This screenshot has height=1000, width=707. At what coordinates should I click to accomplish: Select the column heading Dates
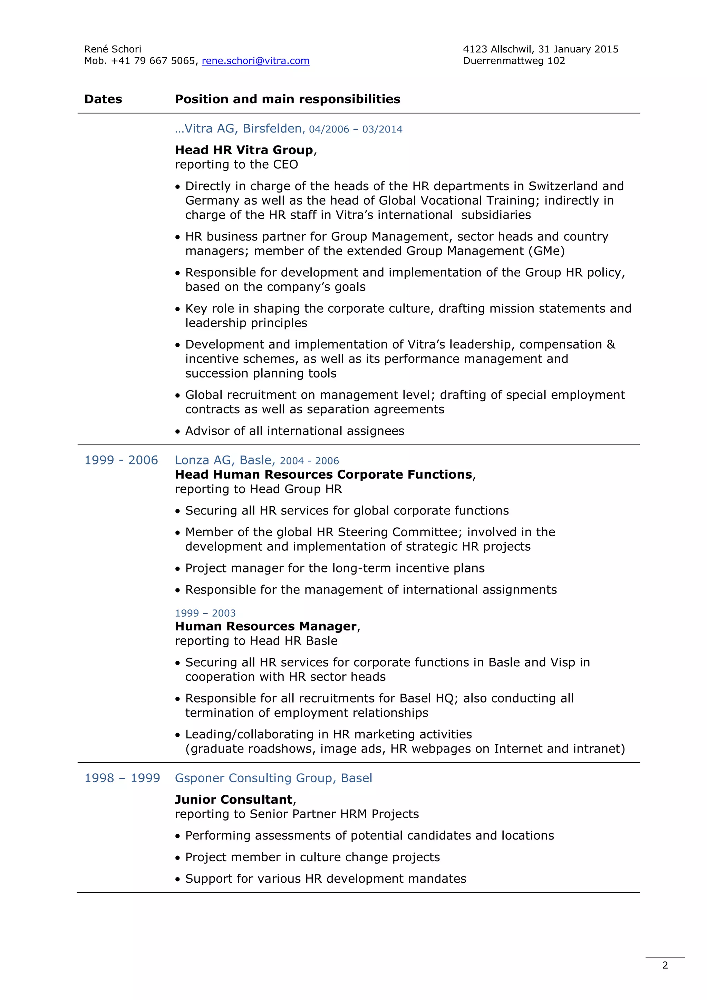103,99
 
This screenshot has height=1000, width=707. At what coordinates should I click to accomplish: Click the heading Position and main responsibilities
288,99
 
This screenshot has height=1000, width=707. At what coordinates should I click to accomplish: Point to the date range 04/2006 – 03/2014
356,129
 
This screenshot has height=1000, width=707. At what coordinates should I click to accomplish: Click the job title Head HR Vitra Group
244,150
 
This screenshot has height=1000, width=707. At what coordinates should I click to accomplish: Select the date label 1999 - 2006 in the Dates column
121,460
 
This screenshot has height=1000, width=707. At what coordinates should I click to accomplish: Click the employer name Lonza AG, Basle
225,460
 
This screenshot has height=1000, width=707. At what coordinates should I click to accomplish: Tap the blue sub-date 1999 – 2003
205,613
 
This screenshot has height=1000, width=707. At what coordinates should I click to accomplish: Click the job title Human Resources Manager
266,626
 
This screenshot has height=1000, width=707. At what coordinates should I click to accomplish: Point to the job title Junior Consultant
233,800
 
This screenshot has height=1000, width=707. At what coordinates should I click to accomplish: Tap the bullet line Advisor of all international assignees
294,431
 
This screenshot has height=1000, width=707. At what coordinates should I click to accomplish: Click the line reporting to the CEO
236,165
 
